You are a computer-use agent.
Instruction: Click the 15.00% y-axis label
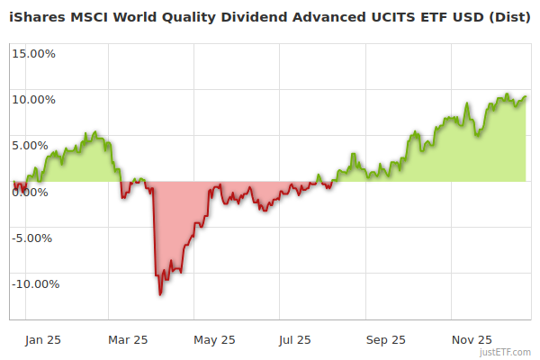[33, 53]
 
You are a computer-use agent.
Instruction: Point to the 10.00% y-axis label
[33, 99]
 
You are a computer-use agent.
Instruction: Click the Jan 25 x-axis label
[43, 340]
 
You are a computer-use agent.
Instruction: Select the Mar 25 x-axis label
[128, 340]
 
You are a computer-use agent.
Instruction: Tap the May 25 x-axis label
[214, 340]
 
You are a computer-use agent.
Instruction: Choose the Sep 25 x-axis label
[386, 340]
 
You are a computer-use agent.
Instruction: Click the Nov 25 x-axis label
[472, 340]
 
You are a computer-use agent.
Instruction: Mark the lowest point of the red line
[160, 293]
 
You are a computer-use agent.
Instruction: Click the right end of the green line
[526, 96]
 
